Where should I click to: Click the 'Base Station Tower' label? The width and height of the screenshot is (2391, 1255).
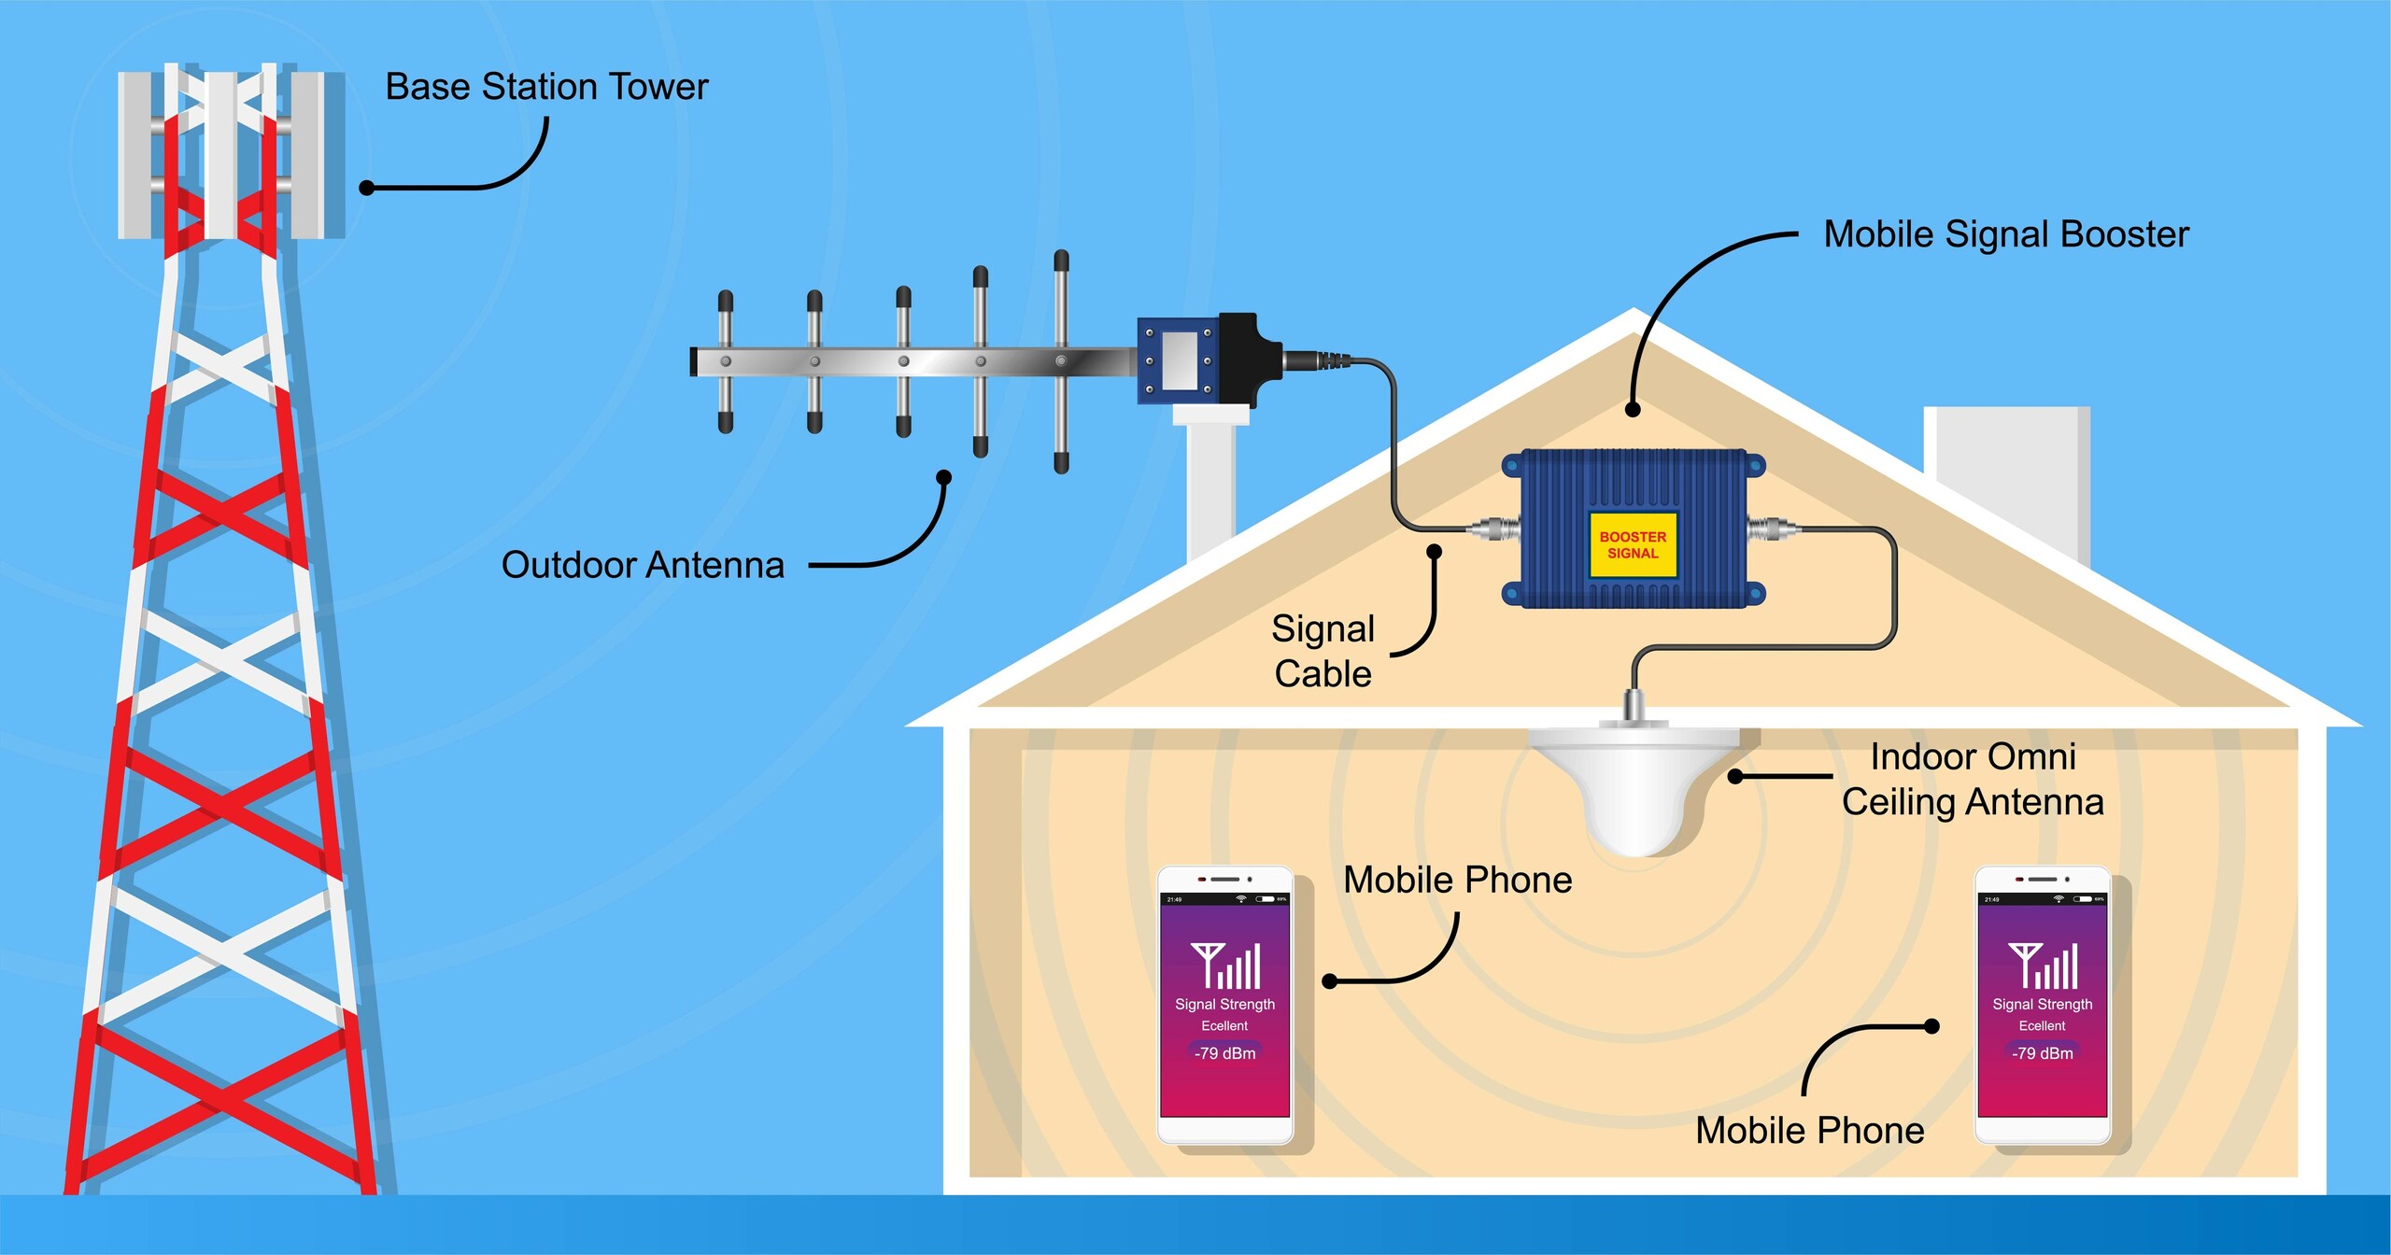[x=546, y=87]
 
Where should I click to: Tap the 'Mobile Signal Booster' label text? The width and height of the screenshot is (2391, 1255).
[x=2005, y=234]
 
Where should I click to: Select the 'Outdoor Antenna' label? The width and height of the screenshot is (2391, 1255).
[x=643, y=565]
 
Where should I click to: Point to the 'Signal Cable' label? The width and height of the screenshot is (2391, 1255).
[x=1323, y=651]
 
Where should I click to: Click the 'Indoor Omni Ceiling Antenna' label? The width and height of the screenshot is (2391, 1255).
[x=1973, y=779]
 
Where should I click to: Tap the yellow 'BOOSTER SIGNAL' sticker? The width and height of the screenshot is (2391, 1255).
[x=1633, y=544]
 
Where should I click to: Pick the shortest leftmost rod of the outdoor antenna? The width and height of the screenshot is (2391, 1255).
[x=725, y=361]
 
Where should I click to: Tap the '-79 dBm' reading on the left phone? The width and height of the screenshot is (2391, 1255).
[x=1224, y=1053]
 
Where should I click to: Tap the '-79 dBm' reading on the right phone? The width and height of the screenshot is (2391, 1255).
[x=2043, y=1053]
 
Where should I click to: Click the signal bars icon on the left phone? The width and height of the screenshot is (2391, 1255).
[x=1225, y=966]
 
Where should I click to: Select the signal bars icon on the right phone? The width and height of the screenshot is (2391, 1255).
[x=2044, y=966]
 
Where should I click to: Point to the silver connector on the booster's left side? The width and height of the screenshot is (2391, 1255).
[x=1493, y=529]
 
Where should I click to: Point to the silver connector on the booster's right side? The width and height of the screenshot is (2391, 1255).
[x=1774, y=529]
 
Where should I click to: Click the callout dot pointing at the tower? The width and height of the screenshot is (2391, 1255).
[x=367, y=188]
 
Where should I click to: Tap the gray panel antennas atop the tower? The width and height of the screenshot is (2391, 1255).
[x=231, y=154]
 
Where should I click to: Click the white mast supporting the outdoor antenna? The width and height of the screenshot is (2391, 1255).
[x=1211, y=486]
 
